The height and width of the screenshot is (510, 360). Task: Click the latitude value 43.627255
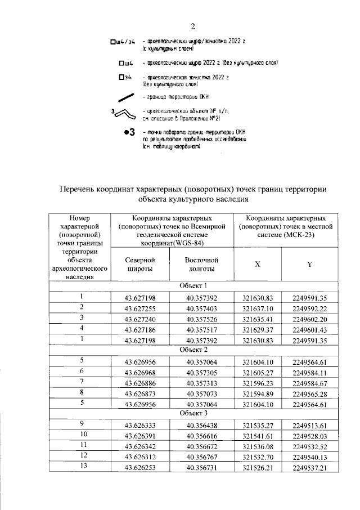[141, 307]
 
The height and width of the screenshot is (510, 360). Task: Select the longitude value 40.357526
[201, 318]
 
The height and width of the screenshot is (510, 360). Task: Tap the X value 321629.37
[257, 329]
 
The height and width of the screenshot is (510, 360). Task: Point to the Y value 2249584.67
[309, 382]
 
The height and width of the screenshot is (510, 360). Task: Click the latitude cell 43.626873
[141, 392]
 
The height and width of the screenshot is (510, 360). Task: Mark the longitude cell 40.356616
[201, 435]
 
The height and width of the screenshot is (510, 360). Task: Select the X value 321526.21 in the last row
[257, 467]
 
